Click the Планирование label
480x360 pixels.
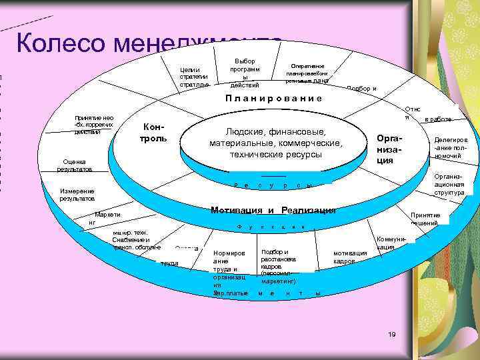coord(273,98)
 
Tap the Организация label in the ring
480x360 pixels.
coord(389,147)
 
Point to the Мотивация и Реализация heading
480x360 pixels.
coord(273,210)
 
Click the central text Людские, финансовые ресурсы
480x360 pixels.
coord(275,143)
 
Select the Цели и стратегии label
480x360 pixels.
coord(194,77)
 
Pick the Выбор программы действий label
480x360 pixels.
coord(245,73)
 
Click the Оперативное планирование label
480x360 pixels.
coord(307,73)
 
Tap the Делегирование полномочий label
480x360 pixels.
coord(451,148)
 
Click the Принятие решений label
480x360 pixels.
coord(425,219)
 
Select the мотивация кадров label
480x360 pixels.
coord(349,257)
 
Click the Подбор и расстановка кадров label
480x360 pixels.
coord(275,266)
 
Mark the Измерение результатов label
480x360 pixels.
coord(77,194)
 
